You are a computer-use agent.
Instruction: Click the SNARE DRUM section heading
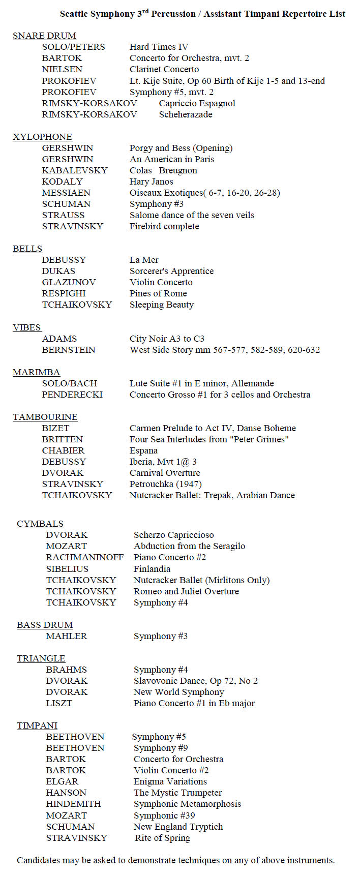44,36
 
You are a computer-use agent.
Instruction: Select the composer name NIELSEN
62,69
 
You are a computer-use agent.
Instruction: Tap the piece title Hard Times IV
159,47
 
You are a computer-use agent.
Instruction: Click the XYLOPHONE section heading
42,137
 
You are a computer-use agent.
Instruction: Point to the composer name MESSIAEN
66,193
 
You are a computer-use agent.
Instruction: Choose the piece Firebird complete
164,226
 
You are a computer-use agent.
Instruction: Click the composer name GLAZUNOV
69,282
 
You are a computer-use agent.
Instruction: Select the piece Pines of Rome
158,293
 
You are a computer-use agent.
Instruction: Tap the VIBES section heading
26,327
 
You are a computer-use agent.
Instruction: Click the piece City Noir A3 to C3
167,339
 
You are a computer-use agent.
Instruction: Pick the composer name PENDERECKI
72,395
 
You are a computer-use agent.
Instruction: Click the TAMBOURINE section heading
45,417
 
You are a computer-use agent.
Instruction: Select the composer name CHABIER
63,450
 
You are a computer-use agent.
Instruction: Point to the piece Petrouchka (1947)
165,484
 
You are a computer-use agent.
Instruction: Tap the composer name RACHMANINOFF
84,557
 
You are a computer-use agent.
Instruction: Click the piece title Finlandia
152,569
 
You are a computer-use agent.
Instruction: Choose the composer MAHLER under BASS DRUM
66,636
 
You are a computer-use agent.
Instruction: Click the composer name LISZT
59,703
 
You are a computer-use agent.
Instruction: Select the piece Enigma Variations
170,781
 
